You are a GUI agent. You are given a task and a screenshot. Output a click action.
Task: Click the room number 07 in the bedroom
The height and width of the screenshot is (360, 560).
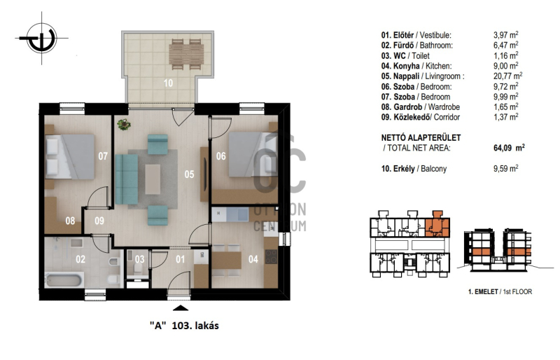(x=103, y=156)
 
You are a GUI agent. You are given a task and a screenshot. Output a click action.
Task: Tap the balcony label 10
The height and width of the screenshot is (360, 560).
(x=168, y=83)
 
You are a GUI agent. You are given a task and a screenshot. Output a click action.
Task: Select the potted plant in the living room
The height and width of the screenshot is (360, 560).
(x=124, y=125)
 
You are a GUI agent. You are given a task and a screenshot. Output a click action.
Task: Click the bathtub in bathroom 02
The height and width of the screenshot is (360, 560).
(x=64, y=279)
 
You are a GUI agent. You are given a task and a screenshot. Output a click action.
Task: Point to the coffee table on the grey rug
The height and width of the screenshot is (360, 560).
(x=153, y=179)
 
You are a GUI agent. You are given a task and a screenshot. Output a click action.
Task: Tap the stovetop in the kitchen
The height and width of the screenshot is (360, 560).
(x=271, y=256)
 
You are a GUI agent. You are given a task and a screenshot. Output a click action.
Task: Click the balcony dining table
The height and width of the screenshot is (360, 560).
(x=186, y=54)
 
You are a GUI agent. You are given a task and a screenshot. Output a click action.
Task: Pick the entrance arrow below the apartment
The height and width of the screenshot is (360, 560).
(x=181, y=307)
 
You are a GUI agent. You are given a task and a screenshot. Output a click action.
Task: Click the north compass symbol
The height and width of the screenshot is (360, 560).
(x=42, y=38)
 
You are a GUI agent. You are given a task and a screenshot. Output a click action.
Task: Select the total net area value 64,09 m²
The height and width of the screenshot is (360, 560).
(x=509, y=148)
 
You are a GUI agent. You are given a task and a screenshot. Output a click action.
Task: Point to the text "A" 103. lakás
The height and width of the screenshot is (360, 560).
(x=184, y=326)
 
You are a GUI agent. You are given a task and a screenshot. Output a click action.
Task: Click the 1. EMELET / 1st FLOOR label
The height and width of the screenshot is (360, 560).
(x=500, y=292)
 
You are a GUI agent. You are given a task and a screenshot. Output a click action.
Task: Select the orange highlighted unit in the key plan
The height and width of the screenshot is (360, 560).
(x=437, y=226)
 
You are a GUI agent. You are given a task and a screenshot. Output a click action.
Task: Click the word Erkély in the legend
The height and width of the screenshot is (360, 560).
(x=404, y=169)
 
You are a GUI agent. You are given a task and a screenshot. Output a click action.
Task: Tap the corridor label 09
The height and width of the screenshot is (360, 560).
(x=99, y=221)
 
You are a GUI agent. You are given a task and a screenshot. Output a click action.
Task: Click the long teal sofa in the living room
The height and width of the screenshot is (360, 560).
(x=127, y=179)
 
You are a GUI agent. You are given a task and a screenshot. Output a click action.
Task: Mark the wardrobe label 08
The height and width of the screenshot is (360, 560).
(x=70, y=221)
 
